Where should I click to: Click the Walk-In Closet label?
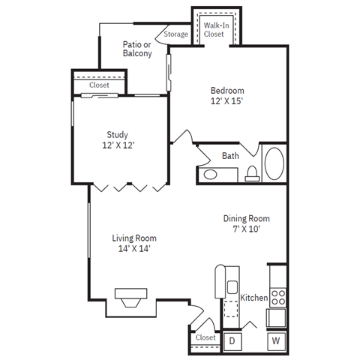coord(217,30)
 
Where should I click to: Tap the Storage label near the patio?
coord(176,34)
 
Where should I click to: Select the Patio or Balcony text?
coord(137,49)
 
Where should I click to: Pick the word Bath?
coord(230,156)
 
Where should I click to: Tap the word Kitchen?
coord(253,298)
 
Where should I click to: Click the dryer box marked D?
coord(232,340)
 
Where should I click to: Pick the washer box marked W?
coord(275,340)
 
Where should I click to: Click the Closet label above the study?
coord(99,85)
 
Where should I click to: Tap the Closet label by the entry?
coord(205,338)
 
